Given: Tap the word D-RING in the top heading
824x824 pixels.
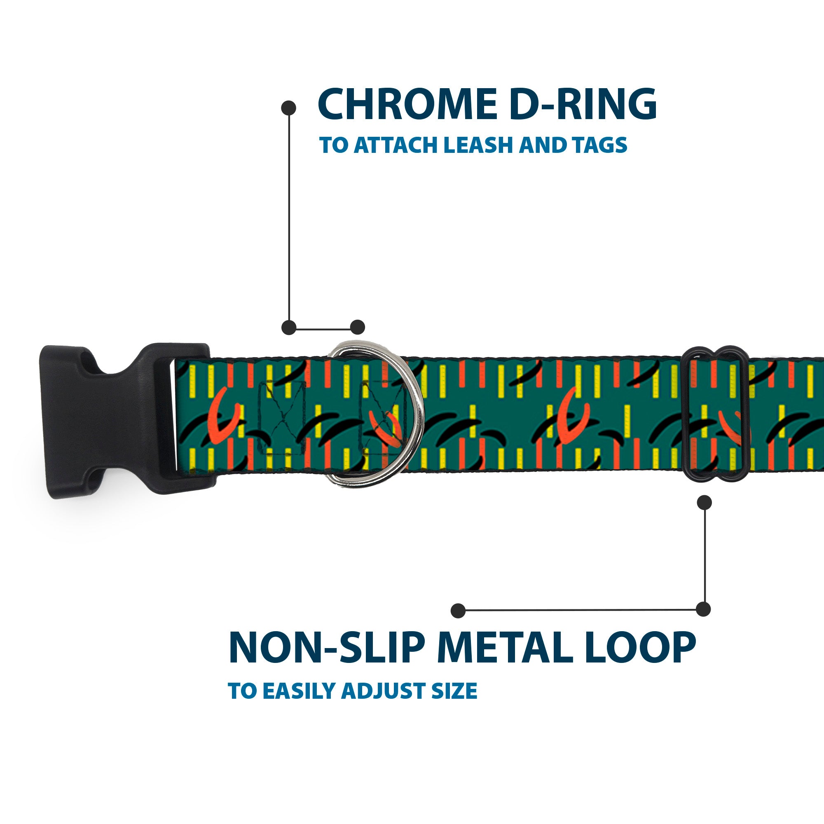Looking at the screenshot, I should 583,105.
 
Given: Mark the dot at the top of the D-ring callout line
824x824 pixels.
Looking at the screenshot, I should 289,108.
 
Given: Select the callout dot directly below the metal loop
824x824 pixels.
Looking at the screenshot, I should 704,502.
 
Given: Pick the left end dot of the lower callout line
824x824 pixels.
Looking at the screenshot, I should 458,610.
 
